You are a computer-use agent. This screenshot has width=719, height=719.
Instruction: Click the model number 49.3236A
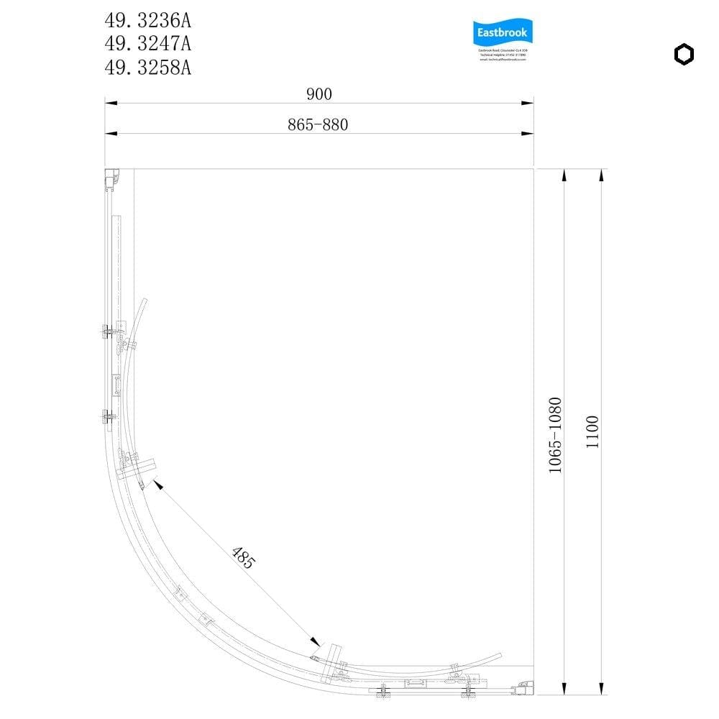148,20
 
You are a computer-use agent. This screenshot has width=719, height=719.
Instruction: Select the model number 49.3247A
148,44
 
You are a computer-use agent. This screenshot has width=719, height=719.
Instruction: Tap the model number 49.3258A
148,68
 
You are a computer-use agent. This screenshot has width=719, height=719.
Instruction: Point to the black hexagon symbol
684,55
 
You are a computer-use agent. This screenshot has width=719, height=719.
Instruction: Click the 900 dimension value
319,93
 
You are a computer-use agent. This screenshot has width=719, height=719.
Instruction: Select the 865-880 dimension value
318,124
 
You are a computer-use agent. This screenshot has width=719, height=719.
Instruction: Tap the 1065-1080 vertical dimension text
555,434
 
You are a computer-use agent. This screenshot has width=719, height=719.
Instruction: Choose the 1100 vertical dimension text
592,431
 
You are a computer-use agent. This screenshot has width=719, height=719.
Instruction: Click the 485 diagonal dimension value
243,559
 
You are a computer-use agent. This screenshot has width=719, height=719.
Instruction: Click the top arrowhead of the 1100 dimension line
601,175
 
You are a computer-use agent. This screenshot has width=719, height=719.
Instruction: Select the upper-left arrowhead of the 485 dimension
157,485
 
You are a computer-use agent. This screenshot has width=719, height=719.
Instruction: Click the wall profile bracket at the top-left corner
111,180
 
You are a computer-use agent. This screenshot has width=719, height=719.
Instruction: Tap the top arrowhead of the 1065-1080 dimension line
564,175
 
